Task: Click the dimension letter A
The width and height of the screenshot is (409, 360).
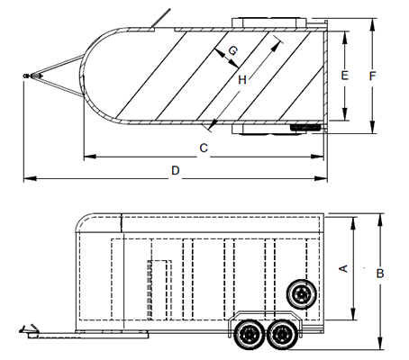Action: pos(343,268)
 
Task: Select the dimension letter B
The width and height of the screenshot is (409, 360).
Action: pos(380,274)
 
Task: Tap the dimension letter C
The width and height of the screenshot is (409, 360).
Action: pos(204,148)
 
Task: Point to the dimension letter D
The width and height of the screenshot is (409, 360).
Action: pos(176,170)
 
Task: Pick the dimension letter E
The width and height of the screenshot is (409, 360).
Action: pos(345,75)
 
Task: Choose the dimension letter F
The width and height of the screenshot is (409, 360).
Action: pos(372,76)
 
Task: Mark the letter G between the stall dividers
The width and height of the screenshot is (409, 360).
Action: pos(233,50)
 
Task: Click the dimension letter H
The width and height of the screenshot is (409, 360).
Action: pos(242,80)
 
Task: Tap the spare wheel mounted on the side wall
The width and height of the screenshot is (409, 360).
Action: pos(301,294)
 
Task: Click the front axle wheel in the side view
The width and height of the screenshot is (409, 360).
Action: pos(249,334)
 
